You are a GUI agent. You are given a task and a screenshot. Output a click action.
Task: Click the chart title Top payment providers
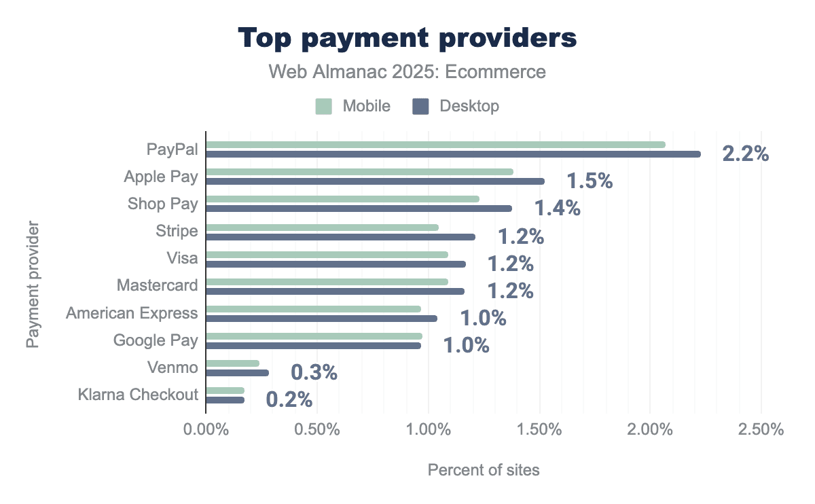click(x=407, y=38)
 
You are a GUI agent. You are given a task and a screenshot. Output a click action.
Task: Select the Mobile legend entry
click(x=352, y=106)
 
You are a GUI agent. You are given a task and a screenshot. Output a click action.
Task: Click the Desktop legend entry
click(x=456, y=106)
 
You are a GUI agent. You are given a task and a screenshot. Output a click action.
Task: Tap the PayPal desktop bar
click(x=453, y=154)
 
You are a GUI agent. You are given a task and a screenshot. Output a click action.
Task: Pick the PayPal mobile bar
click(x=435, y=144)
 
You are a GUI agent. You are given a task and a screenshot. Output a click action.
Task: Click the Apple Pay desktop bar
click(x=375, y=181)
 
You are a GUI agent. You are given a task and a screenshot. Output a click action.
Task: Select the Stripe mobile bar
click(x=322, y=227)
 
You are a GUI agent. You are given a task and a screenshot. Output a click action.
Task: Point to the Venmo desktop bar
click(x=237, y=372)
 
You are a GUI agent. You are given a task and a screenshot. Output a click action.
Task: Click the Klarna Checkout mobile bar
click(x=225, y=390)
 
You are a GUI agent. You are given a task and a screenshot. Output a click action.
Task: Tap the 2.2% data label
click(x=745, y=154)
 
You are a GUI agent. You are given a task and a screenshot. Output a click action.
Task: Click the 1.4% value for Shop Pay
click(x=557, y=208)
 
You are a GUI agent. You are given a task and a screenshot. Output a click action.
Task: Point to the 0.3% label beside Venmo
click(x=314, y=372)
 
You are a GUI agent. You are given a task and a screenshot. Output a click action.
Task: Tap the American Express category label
click(x=132, y=313)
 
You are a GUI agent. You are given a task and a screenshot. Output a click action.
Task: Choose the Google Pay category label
click(x=156, y=340)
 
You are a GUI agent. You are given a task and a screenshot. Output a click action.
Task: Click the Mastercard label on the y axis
click(x=157, y=285)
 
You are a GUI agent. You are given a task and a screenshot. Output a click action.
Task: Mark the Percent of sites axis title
click(x=483, y=470)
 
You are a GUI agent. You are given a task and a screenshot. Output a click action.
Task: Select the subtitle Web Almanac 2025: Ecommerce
click(x=407, y=72)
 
